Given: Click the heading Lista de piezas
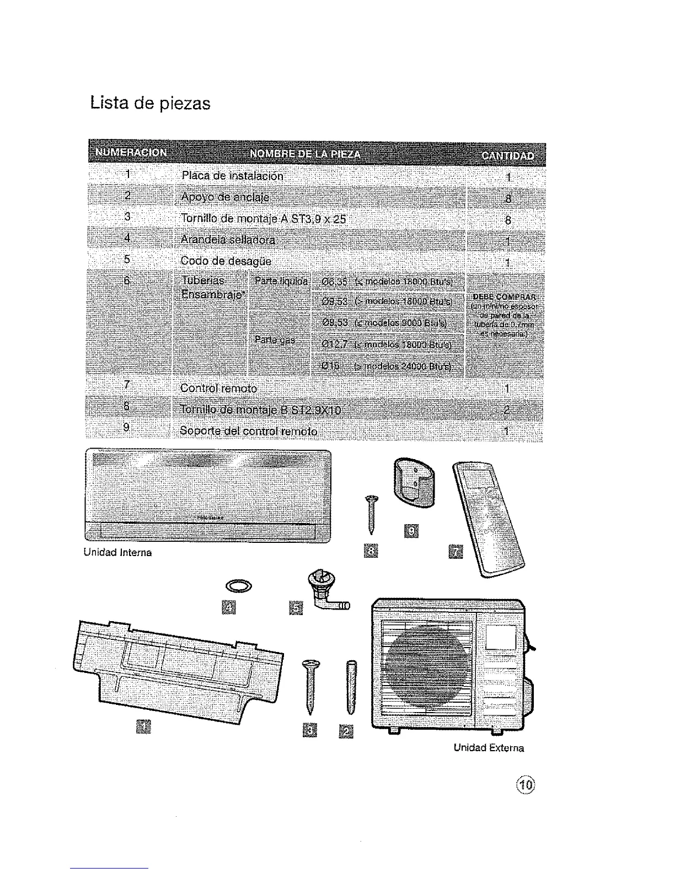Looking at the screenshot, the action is click(x=150, y=103).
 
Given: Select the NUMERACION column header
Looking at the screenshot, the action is click(x=131, y=153).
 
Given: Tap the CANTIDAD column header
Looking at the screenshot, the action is click(x=507, y=155).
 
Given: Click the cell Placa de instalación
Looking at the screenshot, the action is click(x=232, y=176).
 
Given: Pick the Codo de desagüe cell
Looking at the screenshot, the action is click(x=226, y=261).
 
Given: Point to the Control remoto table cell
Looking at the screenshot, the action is click(x=218, y=388).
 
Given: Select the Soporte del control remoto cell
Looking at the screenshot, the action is click(x=249, y=430).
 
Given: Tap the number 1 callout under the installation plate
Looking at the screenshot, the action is click(x=142, y=727).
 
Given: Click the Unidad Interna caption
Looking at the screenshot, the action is click(x=117, y=552).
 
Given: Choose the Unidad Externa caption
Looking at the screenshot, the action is click(x=488, y=748).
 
